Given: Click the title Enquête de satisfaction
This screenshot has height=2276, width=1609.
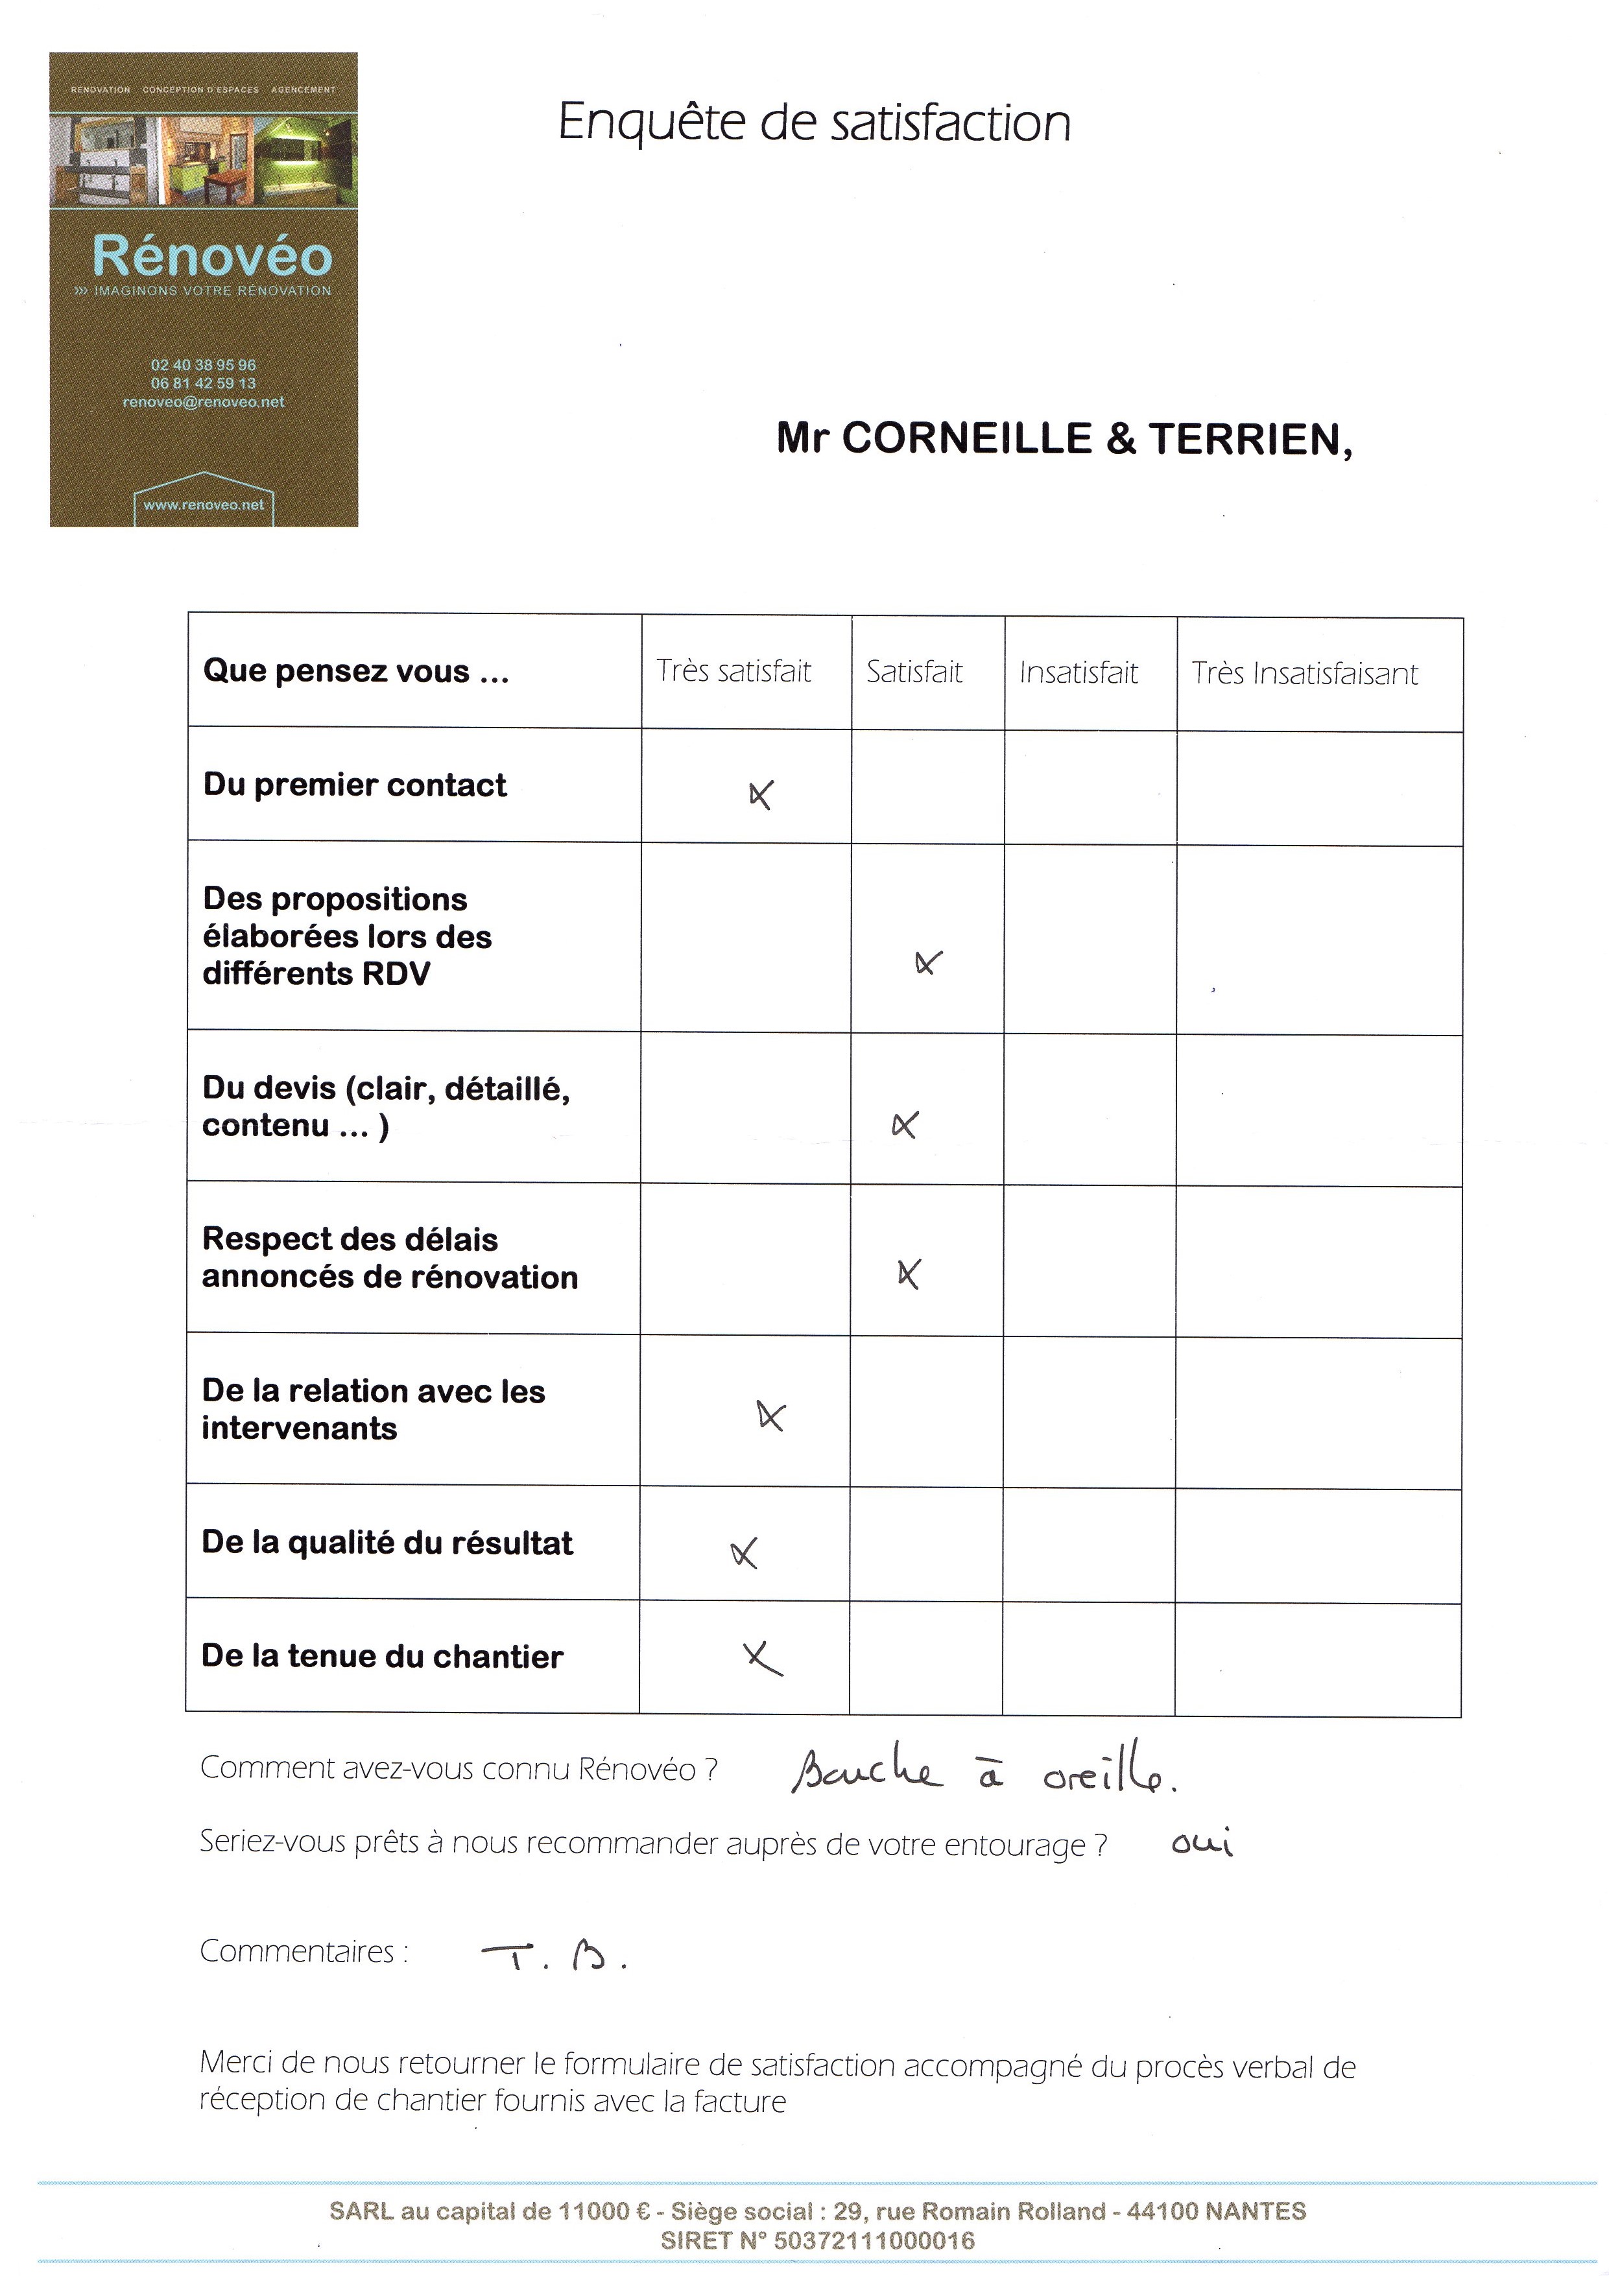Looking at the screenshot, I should pos(814,123).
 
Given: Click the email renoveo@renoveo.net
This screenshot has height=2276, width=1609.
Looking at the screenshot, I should pos(203,401).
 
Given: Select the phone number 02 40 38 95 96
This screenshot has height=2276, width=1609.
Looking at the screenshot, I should pos(203,365).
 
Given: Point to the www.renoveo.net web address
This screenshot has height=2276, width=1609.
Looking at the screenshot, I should pos(203,504).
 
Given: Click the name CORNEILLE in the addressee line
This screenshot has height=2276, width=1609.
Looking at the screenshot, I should pos(966,438).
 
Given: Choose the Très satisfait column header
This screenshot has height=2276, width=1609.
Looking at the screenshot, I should pos(733,671).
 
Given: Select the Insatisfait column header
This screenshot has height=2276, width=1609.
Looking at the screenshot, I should pos(1078,673).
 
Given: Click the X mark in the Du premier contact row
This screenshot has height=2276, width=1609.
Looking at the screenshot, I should pos(760,794).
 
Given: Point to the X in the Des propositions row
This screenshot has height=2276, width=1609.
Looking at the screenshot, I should pos(928,962).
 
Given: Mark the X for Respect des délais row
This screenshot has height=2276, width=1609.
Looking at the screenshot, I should pos(908,1273).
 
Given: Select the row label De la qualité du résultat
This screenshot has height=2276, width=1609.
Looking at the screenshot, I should pos(387,1543).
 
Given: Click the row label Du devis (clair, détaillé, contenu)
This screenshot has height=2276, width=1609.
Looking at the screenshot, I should pos(386,1106).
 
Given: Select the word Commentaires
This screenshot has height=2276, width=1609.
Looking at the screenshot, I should pos(298,1951).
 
